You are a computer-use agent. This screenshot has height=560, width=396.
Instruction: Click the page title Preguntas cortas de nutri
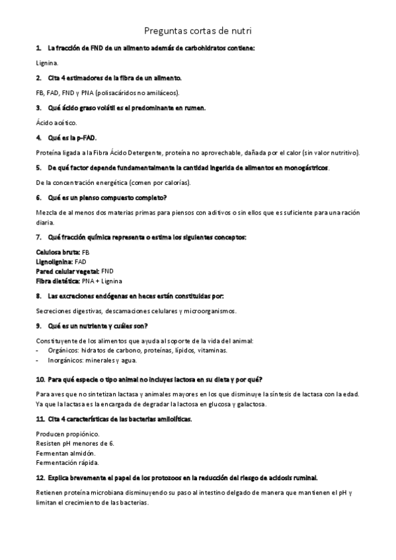pos(198,30)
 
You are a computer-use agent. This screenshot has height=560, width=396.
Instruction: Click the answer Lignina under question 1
pos(47,63)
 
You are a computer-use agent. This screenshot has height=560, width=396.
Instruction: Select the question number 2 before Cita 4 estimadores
pos(38,78)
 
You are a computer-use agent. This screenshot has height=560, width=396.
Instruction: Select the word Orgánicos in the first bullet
pos(63,350)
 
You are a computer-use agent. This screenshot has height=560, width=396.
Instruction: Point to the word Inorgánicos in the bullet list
pos(65,360)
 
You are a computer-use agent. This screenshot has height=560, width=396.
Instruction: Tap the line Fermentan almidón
pos(65,453)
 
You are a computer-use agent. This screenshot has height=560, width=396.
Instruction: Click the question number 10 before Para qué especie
pos(40,379)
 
